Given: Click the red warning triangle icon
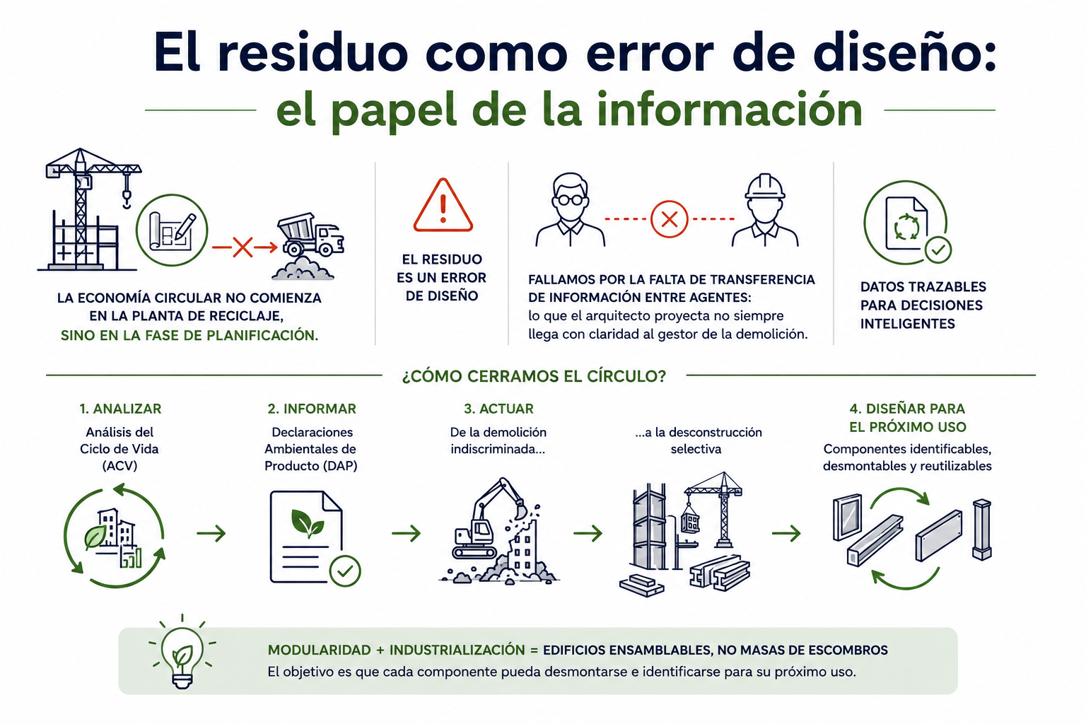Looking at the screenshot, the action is [x=443, y=206].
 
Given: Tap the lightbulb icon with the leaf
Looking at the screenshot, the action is [x=182, y=653].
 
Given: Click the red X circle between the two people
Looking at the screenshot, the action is [x=669, y=219].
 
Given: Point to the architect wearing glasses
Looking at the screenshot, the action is [x=570, y=210].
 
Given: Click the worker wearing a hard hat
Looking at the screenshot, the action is [x=765, y=210].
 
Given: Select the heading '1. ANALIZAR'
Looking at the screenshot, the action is [x=121, y=409].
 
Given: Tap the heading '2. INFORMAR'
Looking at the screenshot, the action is [x=312, y=409].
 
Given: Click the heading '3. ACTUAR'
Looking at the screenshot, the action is [x=498, y=409].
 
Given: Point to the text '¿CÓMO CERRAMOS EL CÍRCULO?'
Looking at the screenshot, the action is [x=534, y=376].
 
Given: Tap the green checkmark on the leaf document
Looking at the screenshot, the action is [x=345, y=571].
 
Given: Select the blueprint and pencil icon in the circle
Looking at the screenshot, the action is [x=172, y=230].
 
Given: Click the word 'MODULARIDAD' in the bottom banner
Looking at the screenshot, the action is [x=319, y=650].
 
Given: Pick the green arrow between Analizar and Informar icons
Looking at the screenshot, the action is [x=211, y=533].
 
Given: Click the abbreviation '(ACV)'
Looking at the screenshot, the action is [x=119, y=466].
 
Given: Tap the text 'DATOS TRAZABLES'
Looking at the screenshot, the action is [x=923, y=286].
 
